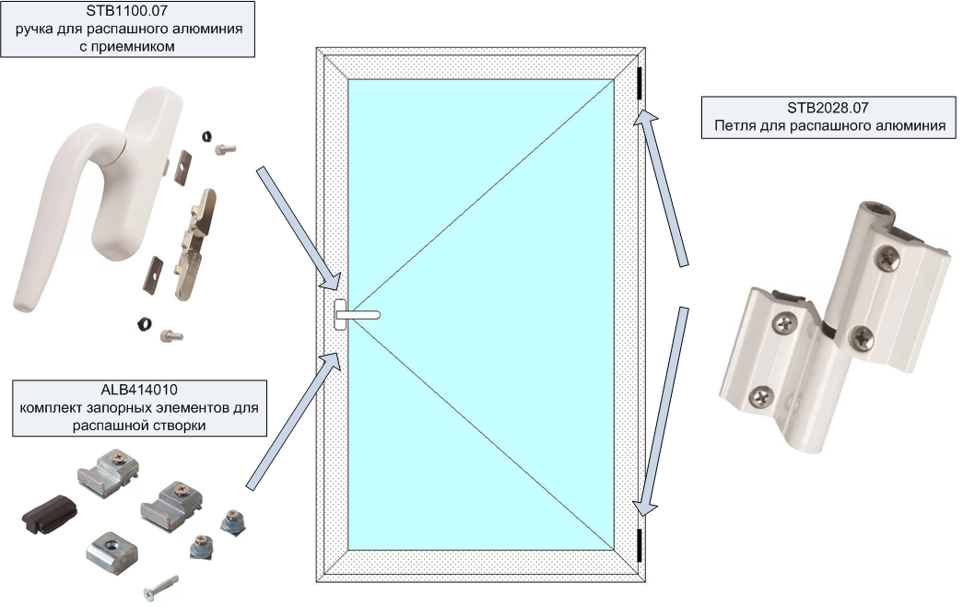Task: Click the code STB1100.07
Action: (127, 10)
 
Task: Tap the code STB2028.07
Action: (828, 108)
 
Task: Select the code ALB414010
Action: (139, 390)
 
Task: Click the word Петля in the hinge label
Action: (734, 126)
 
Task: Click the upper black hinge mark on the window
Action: (639, 83)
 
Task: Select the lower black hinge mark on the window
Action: (639, 545)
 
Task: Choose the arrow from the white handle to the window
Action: (300, 228)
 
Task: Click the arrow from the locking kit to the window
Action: (293, 421)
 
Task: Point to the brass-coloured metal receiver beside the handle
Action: (194, 245)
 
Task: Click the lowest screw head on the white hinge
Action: (761, 396)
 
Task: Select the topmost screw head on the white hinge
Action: (887, 256)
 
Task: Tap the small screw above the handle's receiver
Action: (225, 149)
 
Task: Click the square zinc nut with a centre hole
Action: (112, 551)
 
